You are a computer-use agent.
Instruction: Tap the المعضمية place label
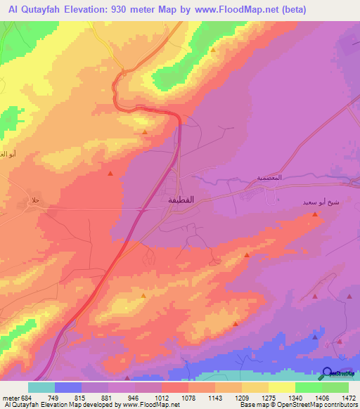point(269,178)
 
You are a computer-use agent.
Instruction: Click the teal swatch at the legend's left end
point(41,387)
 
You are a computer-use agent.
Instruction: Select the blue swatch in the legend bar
point(68,387)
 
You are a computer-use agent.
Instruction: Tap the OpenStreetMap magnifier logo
point(328,372)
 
